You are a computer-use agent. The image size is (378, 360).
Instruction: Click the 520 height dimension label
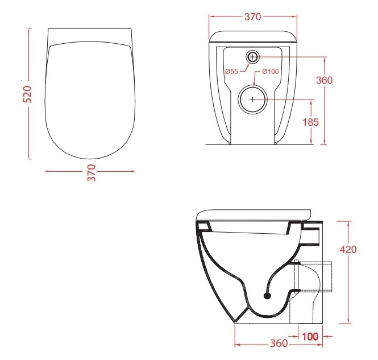click(27, 94)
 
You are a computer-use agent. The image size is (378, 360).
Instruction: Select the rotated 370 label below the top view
click(92, 173)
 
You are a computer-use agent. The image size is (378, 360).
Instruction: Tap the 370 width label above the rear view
click(252, 16)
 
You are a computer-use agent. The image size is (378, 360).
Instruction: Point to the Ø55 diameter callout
click(231, 71)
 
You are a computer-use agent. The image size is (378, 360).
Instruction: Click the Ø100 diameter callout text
click(270, 71)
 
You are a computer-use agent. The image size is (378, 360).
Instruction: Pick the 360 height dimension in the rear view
click(324, 80)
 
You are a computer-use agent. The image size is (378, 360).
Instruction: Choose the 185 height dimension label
click(311, 122)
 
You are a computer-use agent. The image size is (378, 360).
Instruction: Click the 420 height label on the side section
click(348, 249)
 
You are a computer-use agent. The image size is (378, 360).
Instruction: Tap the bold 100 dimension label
click(310, 337)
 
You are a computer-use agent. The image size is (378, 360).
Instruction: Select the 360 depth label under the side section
click(279, 343)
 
